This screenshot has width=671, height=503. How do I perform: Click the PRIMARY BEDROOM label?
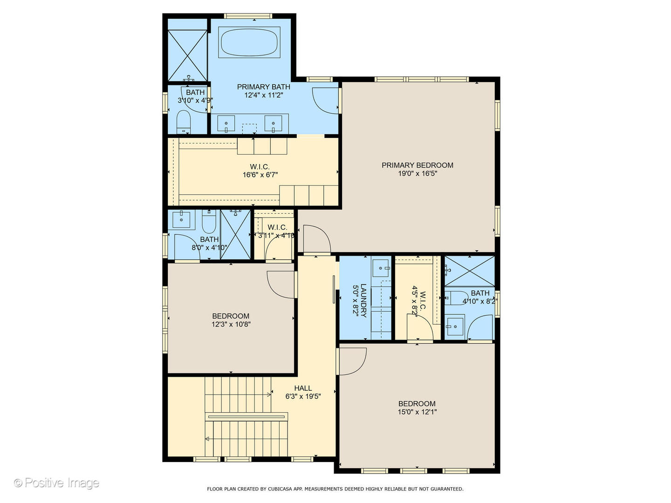pyautogui.click(x=417, y=165)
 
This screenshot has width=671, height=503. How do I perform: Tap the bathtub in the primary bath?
pyautogui.click(x=250, y=42)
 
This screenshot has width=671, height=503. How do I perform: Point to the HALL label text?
pyautogui.click(x=303, y=388)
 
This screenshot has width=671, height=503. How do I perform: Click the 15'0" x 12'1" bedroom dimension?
pyautogui.click(x=417, y=412)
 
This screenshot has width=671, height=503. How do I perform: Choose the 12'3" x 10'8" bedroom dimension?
pyautogui.click(x=231, y=324)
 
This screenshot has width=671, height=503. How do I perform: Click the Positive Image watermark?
pyautogui.click(x=57, y=483)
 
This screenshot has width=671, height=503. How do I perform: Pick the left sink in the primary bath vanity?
pyautogui.click(x=226, y=124)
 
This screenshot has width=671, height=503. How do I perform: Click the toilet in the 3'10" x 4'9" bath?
pyautogui.click(x=184, y=122)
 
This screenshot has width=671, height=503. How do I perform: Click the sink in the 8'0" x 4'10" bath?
pyautogui.click(x=181, y=219)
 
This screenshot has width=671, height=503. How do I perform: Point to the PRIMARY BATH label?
pyautogui.click(x=263, y=87)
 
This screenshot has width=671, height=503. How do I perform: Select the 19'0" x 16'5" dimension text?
pyautogui.click(x=417, y=174)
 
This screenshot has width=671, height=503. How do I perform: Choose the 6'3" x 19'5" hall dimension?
pyautogui.click(x=303, y=397)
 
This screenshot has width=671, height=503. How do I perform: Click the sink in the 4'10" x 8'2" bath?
pyautogui.click(x=454, y=326)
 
